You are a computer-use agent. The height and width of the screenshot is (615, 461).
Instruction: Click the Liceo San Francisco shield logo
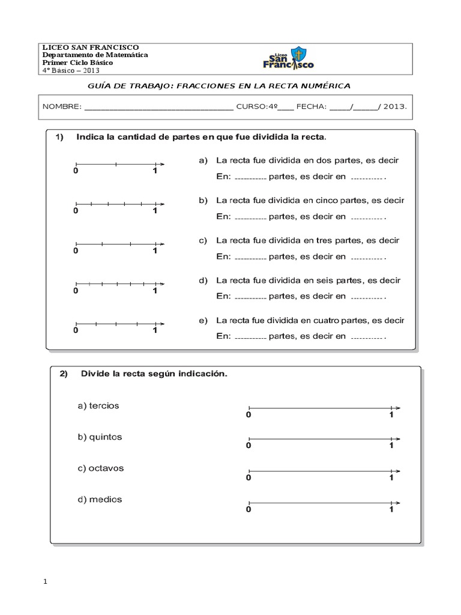(x=289, y=58)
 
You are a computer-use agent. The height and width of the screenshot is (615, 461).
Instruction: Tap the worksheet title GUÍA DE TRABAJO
(x=130, y=86)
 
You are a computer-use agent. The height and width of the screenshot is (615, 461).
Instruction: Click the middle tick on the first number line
(x=116, y=163)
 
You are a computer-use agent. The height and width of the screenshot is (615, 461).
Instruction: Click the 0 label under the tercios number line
(x=248, y=414)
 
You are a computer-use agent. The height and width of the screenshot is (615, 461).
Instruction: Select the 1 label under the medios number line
(x=391, y=509)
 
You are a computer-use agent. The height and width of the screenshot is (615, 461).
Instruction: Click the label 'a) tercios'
(x=98, y=406)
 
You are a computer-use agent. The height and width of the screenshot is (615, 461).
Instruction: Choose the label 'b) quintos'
(x=100, y=437)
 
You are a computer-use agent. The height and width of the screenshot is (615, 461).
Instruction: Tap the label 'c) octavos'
(x=100, y=468)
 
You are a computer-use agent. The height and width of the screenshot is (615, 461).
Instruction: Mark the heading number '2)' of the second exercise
(x=64, y=374)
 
